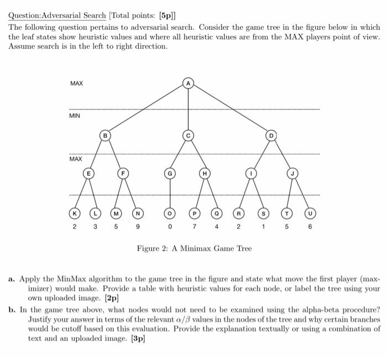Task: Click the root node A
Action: (x=189, y=83)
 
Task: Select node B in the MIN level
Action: (x=104, y=134)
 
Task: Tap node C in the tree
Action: (x=189, y=134)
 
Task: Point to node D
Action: (x=271, y=134)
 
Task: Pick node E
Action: (x=87, y=174)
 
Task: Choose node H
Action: (x=205, y=174)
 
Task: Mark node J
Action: (x=289, y=174)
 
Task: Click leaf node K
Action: (x=74, y=213)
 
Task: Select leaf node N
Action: (x=138, y=213)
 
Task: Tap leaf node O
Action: (x=171, y=213)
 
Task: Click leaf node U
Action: (x=310, y=213)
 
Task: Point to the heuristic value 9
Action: (x=138, y=227)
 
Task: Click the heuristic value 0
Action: (x=171, y=227)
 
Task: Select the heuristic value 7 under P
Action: (x=194, y=227)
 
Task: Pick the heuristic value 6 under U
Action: (x=310, y=227)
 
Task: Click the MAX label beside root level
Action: (x=76, y=83)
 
